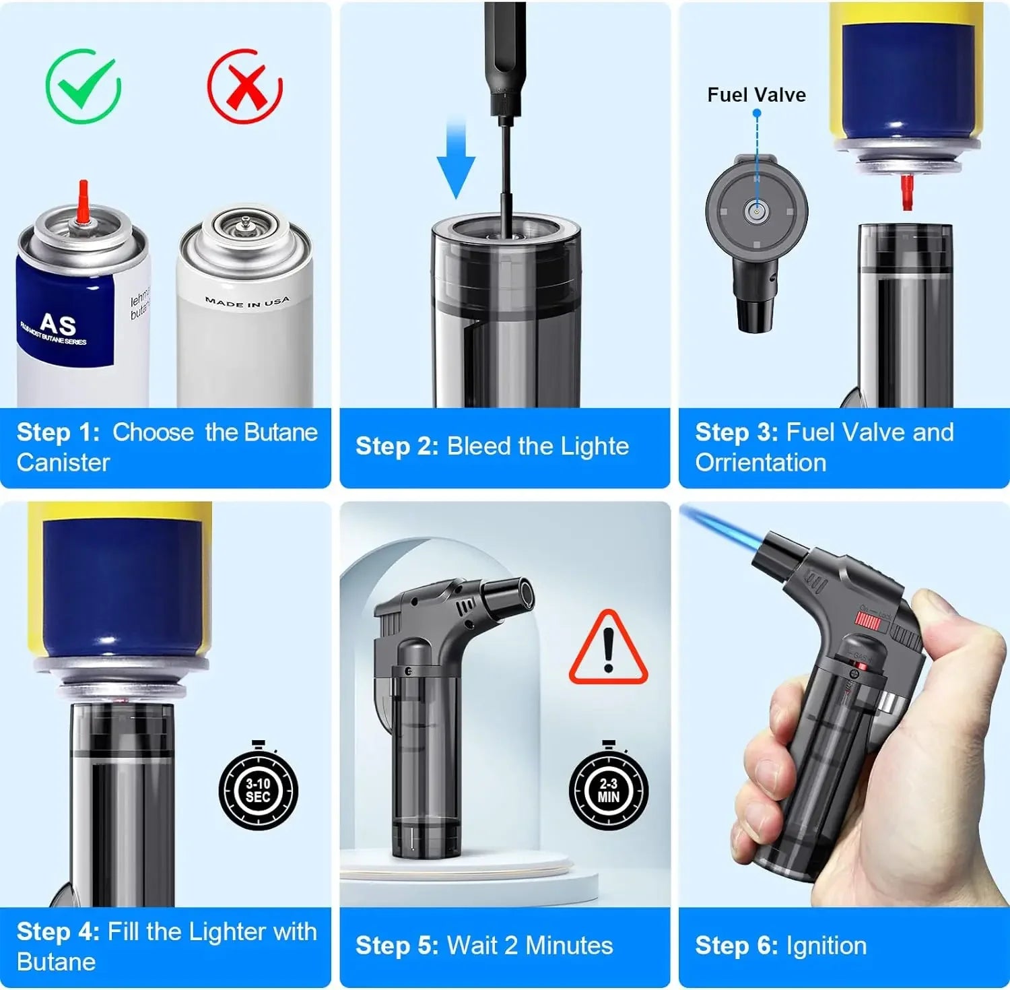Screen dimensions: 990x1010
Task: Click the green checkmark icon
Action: [x=83, y=86]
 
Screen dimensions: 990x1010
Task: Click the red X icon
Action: [x=245, y=86]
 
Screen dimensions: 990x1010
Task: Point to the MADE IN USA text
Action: [x=247, y=302]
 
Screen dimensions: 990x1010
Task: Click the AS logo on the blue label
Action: [x=58, y=325]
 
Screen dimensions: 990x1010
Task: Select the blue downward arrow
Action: [x=456, y=158]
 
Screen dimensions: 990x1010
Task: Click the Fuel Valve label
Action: [x=756, y=95]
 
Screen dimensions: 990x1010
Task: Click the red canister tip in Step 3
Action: [x=907, y=191]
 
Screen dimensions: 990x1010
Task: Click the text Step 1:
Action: [x=58, y=432]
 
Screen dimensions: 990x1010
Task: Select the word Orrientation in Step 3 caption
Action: [x=760, y=463]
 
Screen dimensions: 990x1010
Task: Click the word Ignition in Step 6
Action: [x=826, y=946]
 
